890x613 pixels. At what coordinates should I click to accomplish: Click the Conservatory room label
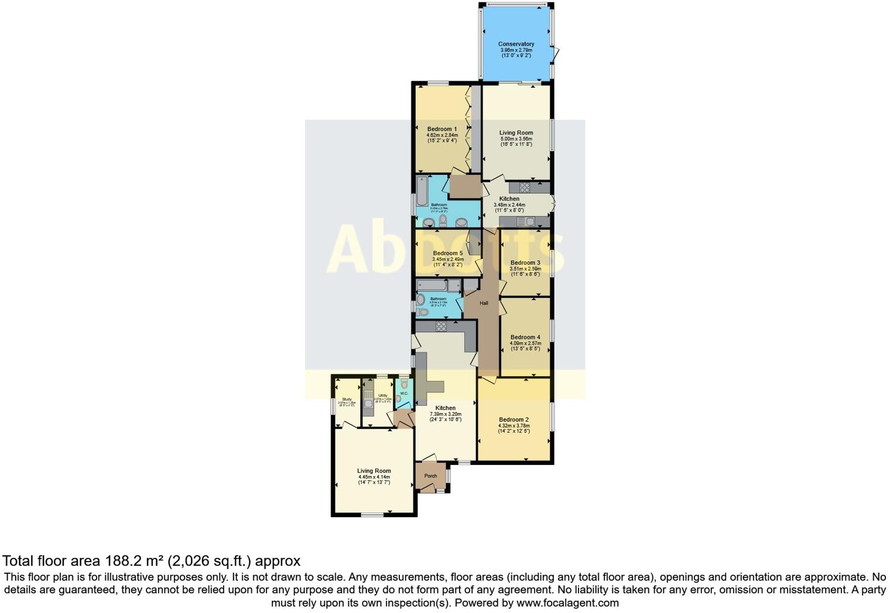(x=516, y=44)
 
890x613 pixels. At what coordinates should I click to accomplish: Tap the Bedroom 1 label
(x=441, y=129)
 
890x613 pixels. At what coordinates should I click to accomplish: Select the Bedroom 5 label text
(x=447, y=253)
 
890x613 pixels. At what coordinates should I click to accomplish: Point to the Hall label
(x=484, y=303)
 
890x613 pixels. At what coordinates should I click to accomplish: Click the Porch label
(x=430, y=476)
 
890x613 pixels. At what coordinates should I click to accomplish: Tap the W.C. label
(x=404, y=394)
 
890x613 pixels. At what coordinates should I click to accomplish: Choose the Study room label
(x=347, y=400)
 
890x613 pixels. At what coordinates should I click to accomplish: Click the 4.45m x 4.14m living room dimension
(x=374, y=477)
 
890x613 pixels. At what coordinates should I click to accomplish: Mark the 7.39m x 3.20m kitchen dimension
(x=446, y=414)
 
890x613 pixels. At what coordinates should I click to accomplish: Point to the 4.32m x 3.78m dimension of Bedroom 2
(x=514, y=426)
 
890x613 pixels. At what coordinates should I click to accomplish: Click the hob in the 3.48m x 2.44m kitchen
(x=525, y=188)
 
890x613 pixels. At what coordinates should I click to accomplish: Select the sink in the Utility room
(x=368, y=404)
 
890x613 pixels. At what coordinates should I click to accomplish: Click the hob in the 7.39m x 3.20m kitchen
(x=441, y=326)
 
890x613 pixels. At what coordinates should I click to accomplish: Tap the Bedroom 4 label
(x=525, y=337)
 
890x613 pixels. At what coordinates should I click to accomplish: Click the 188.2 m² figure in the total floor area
(x=134, y=561)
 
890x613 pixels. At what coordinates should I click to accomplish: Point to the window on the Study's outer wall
(x=333, y=407)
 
